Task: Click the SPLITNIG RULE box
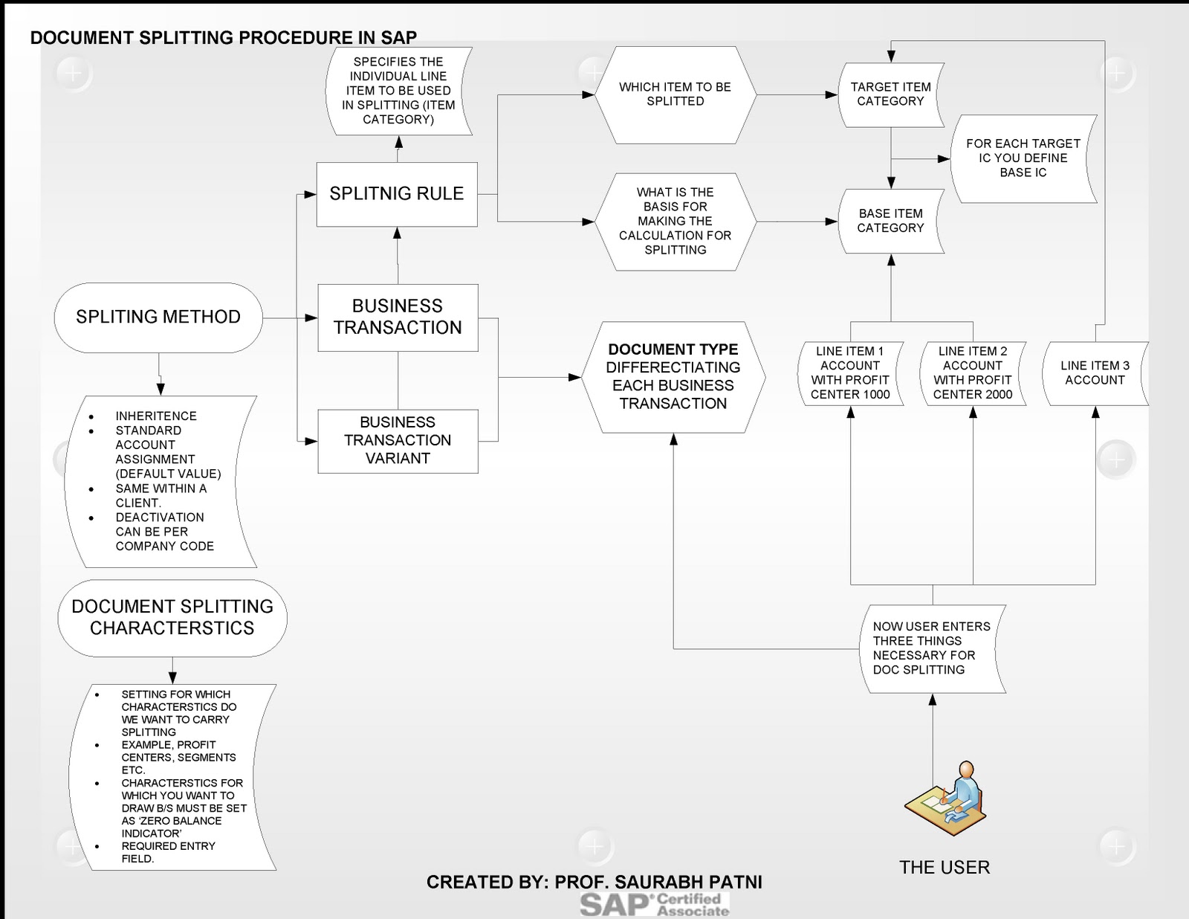point(397,194)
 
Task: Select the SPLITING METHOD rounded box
point(158,317)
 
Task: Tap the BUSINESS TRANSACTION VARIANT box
point(398,440)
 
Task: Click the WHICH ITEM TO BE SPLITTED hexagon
point(675,94)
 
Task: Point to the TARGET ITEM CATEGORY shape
point(890,94)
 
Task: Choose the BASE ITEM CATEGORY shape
point(890,221)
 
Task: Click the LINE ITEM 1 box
point(850,373)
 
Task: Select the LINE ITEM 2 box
point(973,373)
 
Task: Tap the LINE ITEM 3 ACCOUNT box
point(1095,373)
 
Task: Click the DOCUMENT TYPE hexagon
point(673,377)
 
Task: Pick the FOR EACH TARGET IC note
point(1023,158)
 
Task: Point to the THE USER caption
point(945,868)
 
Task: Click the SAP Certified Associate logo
point(654,905)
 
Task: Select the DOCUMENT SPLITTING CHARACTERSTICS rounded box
point(172,618)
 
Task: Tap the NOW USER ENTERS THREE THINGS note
point(932,648)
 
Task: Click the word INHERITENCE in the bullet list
point(156,416)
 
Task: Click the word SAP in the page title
point(399,38)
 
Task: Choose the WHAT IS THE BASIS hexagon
point(675,222)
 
